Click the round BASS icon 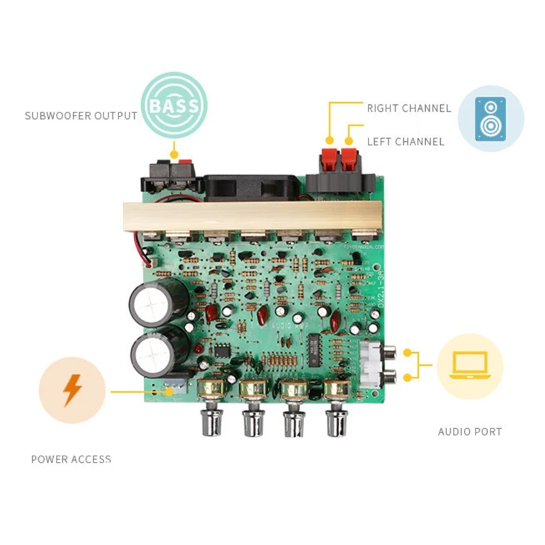174,106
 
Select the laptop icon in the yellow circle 469,366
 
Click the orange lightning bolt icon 72,390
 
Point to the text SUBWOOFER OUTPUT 81,116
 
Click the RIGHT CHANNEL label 409,108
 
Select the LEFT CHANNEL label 405,142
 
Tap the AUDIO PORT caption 469,432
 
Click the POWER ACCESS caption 71,459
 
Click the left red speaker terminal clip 329,161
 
